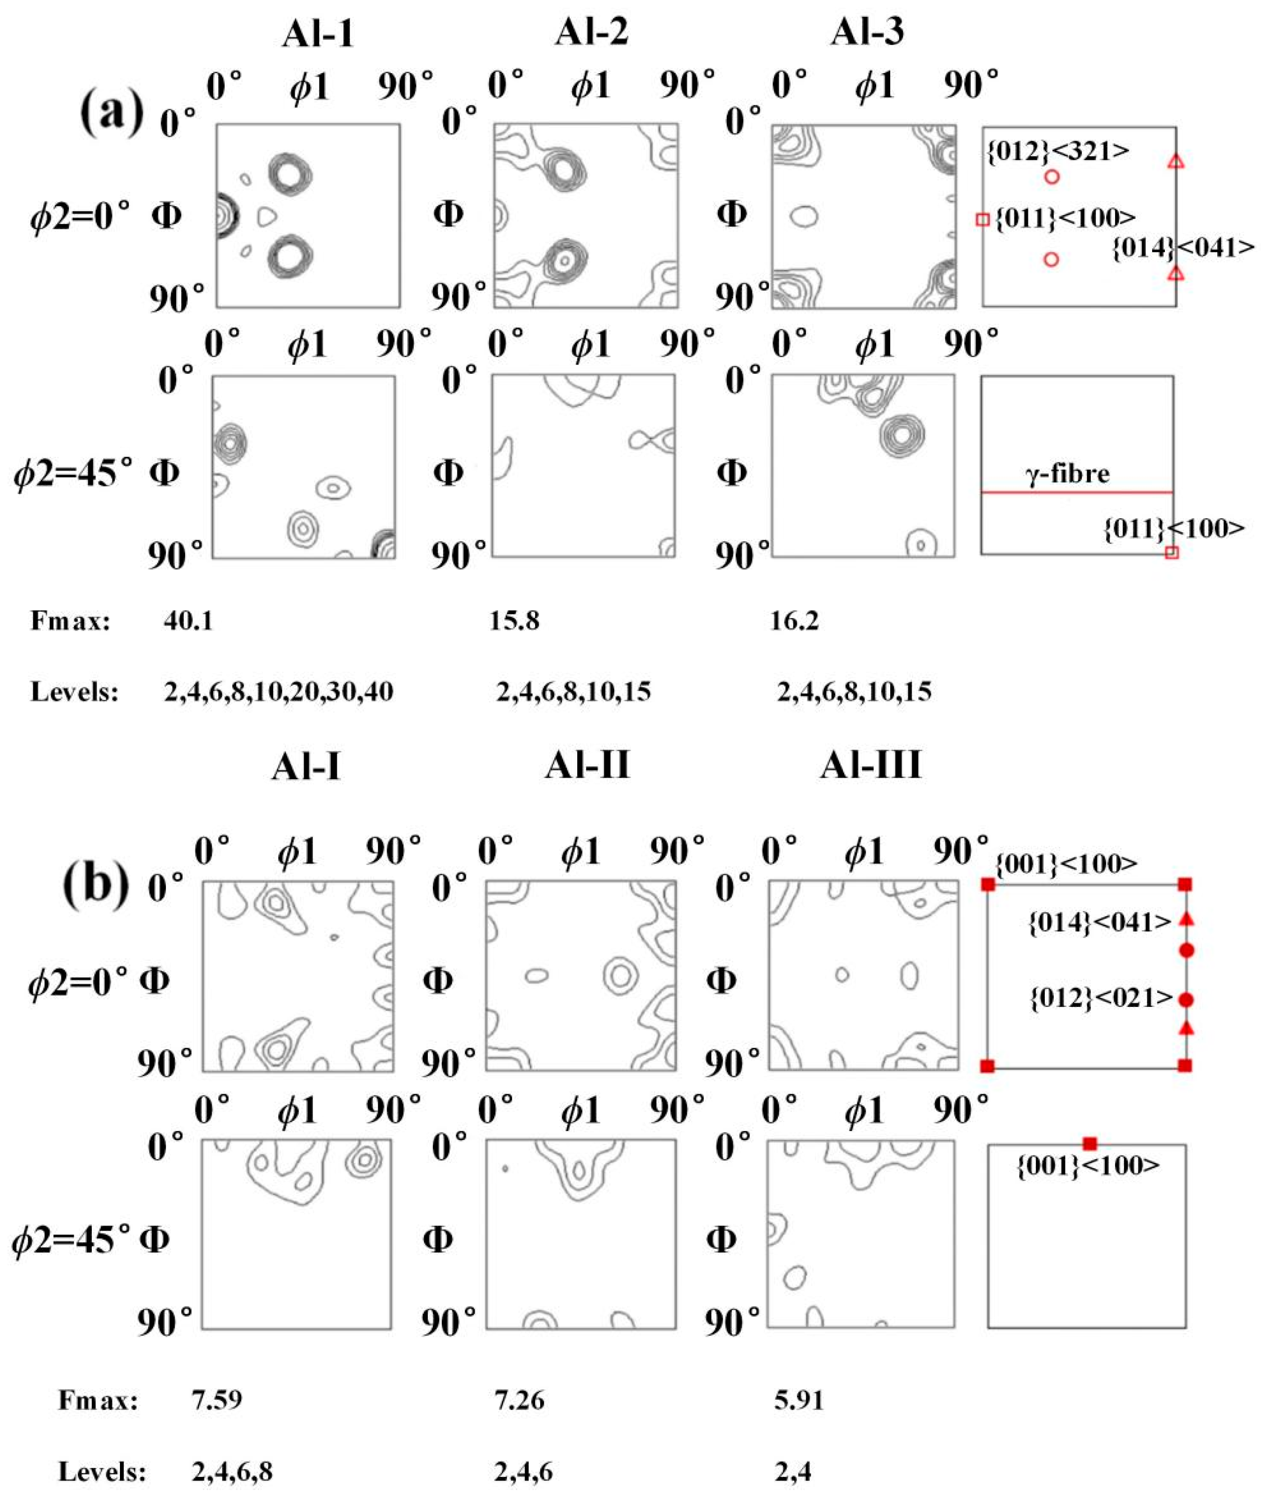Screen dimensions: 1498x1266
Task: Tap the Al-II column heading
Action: pos(587,765)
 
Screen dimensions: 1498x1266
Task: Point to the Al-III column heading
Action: pos(871,765)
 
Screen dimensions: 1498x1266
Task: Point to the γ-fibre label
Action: pos(1068,474)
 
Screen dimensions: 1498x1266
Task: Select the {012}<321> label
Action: pos(1058,151)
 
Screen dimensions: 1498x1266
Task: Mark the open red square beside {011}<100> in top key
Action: pos(983,220)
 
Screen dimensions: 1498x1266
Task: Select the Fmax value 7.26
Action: pos(519,1400)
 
